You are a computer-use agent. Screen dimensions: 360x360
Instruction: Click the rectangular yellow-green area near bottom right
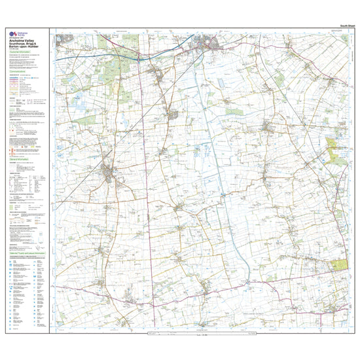pyautogui.click(x=340, y=264)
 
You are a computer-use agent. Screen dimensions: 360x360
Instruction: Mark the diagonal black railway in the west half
pyautogui.click(x=85, y=190)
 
